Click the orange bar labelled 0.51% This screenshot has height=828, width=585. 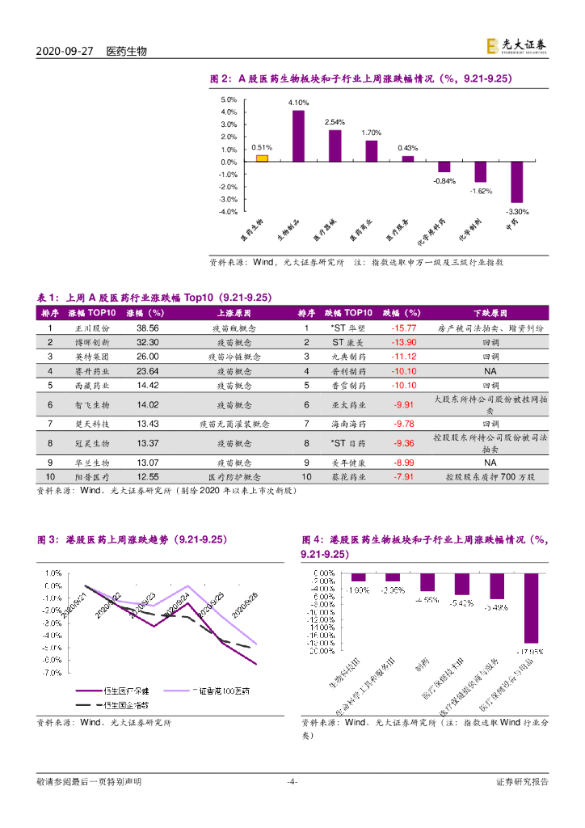pyautogui.click(x=262, y=158)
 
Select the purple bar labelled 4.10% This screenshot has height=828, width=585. pyautogui.click(x=298, y=136)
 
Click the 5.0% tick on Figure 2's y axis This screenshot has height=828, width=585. pyautogui.click(x=229, y=99)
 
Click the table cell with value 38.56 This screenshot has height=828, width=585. pyautogui.click(x=148, y=328)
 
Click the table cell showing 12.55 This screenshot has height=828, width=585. pyautogui.click(x=148, y=477)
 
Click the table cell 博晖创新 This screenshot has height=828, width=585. pyautogui.click(x=91, y=342)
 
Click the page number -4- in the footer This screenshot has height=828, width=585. pyautogui.click(x=292, y=781)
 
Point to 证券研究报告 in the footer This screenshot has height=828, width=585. pyautogui.click(x=521, y=781)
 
